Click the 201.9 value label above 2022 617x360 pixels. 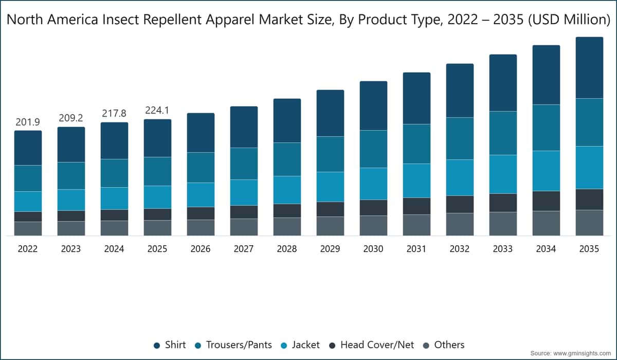point(28,122)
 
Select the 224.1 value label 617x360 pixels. point(157,111)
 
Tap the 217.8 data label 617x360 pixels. point(114,113)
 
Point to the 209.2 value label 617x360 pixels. point(71,118)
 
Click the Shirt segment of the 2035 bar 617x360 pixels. point(589,68)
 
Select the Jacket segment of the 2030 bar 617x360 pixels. point(373,184)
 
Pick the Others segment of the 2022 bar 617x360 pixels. point(28,229)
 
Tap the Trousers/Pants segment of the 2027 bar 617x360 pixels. point(244,164)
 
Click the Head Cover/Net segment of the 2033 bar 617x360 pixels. point(503,203)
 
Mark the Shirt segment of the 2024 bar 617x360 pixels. point(114,141)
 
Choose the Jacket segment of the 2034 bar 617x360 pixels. point(546,171)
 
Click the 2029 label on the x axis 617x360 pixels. point(330,249)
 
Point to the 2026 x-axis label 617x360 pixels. point(201,249)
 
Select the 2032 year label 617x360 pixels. point(460,249)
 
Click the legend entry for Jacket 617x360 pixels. point(300,345)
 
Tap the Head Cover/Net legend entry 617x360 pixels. point(372,345)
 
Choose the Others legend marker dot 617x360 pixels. point(426,346)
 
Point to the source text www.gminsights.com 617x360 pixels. point(582,353)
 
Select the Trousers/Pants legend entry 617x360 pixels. point(233,345)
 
